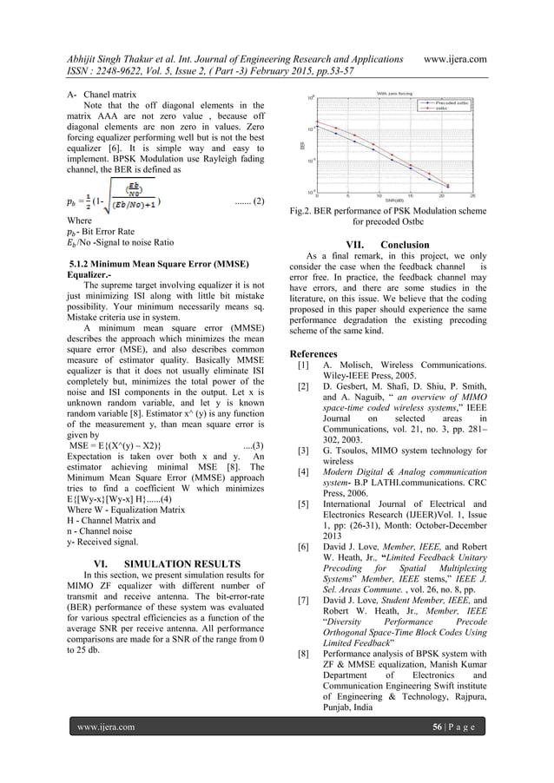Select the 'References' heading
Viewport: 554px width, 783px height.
(313, 354)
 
